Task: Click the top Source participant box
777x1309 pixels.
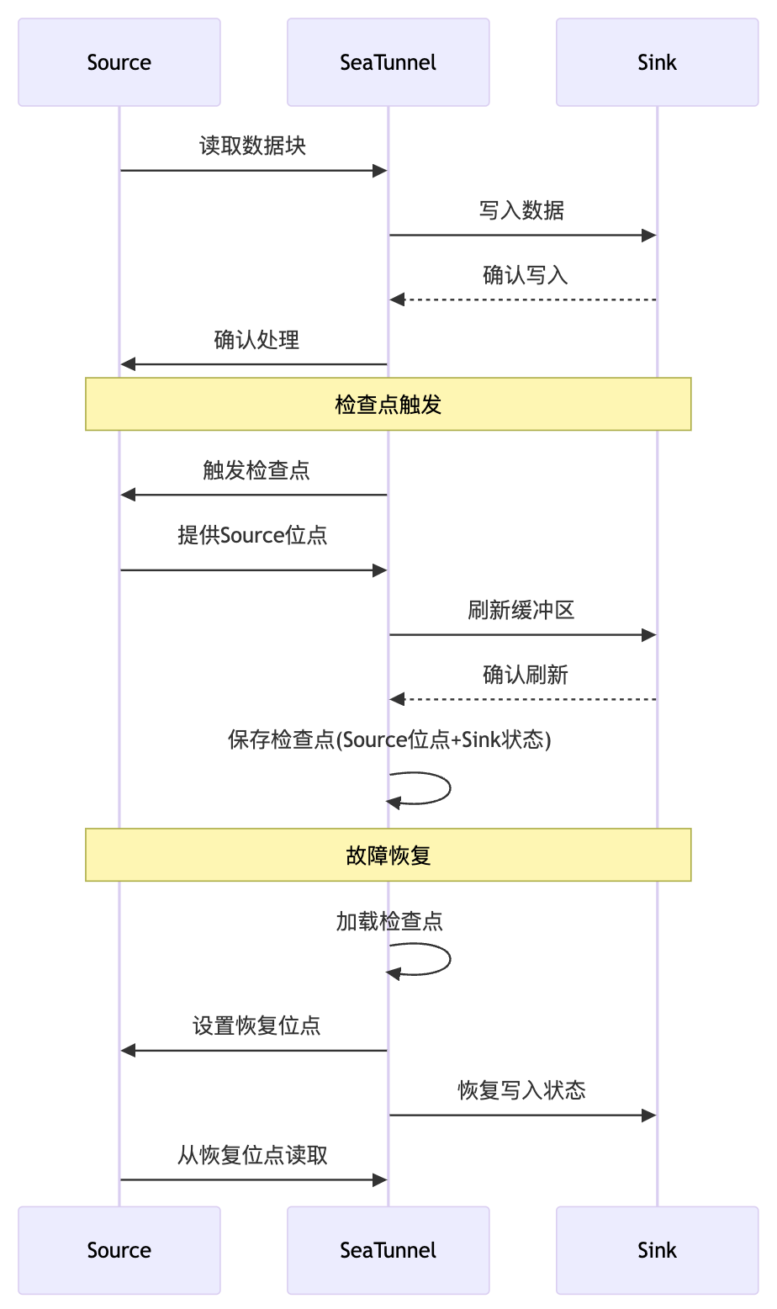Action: click(x=119, y=62)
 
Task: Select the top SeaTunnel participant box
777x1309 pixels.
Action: click(x=388, y=62)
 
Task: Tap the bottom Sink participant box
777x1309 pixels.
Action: click(x=657, y=1250)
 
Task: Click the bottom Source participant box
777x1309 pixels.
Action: click(x=119, y=1250)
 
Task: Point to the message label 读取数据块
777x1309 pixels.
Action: click(x=252, y=146)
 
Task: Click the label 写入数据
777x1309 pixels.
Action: click(x=521, y=210)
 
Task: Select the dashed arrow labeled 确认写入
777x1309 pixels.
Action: click(x=522, y=299)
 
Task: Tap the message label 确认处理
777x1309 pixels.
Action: click(x=256, y=340)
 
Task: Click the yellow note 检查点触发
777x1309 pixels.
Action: click(x=388, y=405)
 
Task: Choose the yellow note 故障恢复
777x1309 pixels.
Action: click(x=388, y=856)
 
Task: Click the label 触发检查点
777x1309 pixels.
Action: click(x=256, y=470)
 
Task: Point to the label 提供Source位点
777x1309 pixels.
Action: click(x=252, y=535)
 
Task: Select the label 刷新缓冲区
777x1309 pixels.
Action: click(x=521, y=610)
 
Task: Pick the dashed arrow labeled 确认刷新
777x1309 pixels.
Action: click(x=522, y=699)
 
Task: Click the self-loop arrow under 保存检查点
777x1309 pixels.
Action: click(x=449, y=789)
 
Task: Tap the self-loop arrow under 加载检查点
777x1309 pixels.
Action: click(x=449, y=959)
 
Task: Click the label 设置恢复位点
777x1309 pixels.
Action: click(x=256, y=1025)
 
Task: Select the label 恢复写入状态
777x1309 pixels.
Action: click(x=521, y=1090)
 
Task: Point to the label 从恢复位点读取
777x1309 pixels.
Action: click(x=252, y=1155)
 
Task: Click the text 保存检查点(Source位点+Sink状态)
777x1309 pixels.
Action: click(x=388, y=739)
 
